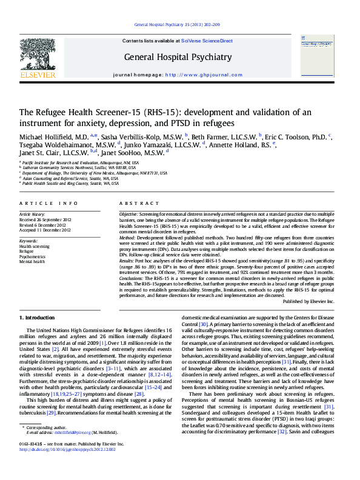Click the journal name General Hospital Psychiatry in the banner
[178, 57]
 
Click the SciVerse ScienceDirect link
[207, 41]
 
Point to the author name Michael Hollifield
[53, 136]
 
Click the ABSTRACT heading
[136, 203]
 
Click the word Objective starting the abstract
[128, 215]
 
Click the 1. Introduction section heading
[39, 317]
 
